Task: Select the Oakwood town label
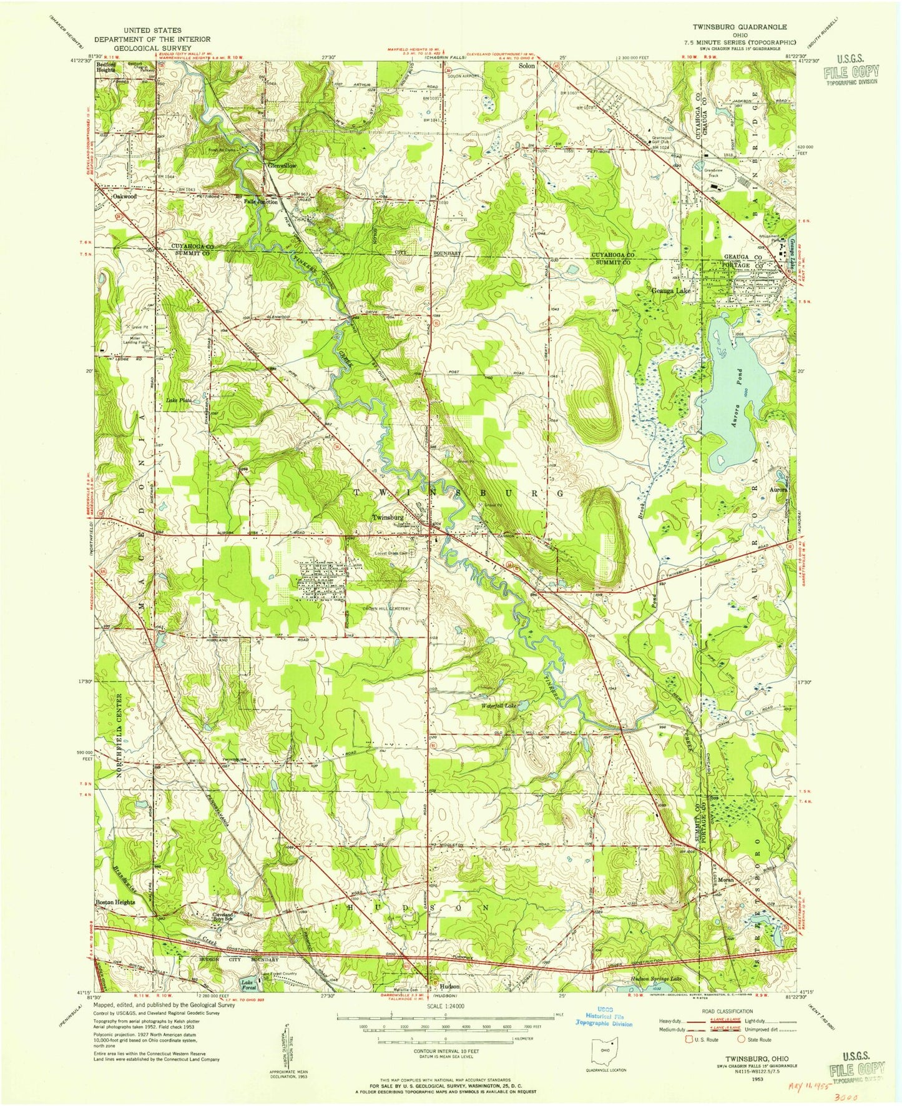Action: point(124,196)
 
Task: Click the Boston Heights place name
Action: point(115,902)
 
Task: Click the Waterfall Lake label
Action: point(499,706)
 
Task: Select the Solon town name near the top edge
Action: point(527,66)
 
